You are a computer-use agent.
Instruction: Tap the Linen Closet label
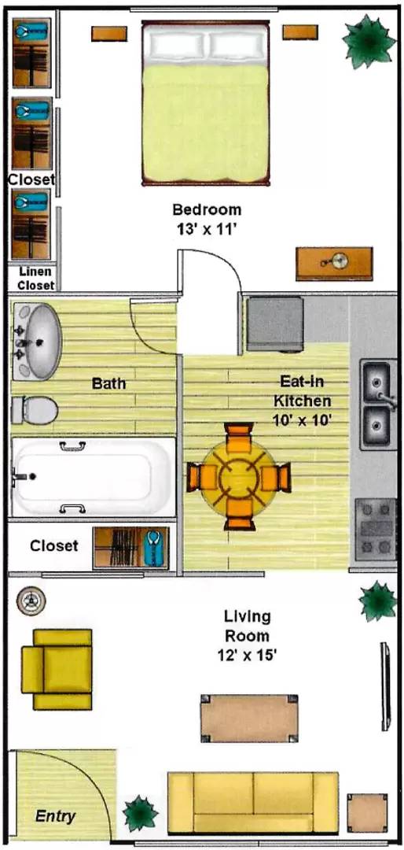click(x=35, y=279)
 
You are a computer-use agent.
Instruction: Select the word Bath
click(x=108, y=384)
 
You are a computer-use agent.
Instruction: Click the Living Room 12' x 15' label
click(x=247, y=635)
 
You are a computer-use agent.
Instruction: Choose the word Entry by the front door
click(x=55, y=816)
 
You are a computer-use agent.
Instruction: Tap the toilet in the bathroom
click(x=35, y=410)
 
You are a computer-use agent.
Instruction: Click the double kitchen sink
click(x=377, y=405)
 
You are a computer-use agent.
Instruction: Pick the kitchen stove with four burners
click(x=376, y=528)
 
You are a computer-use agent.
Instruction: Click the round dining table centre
click(x=238, y=477)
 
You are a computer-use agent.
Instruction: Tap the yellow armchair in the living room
click(x=57, y=669)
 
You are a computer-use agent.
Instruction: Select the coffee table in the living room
click(x=249, y=718)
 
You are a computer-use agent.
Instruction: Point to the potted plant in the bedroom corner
click(x=367, y=41)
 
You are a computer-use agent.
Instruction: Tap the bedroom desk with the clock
click(x=334, y=264)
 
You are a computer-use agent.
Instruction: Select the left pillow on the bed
click(x=178, y=44)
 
